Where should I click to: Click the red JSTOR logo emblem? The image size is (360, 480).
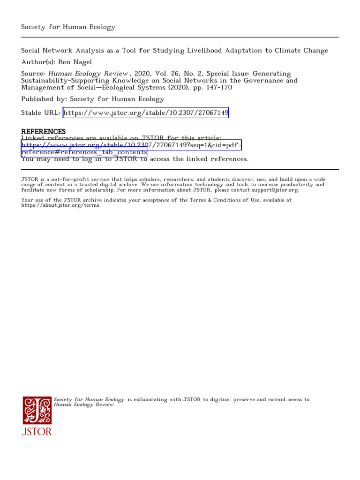[37, 411]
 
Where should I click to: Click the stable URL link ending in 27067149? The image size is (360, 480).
[146, 113]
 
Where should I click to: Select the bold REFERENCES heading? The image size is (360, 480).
[44, 132]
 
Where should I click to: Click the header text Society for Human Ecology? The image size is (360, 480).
[68, 27]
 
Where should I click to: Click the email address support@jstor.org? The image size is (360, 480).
[275, 190]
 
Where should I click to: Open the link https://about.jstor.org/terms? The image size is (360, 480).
[60, 205]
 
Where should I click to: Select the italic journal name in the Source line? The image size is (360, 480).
[88, 74]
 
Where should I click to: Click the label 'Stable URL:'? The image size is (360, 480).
[40, 113]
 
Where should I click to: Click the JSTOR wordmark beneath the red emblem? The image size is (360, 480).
[37, 432]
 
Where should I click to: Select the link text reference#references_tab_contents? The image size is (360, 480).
[84, 152]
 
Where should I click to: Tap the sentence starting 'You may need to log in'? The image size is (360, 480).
[135, 159]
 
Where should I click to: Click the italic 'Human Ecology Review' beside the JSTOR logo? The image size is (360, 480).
[84, 405]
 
